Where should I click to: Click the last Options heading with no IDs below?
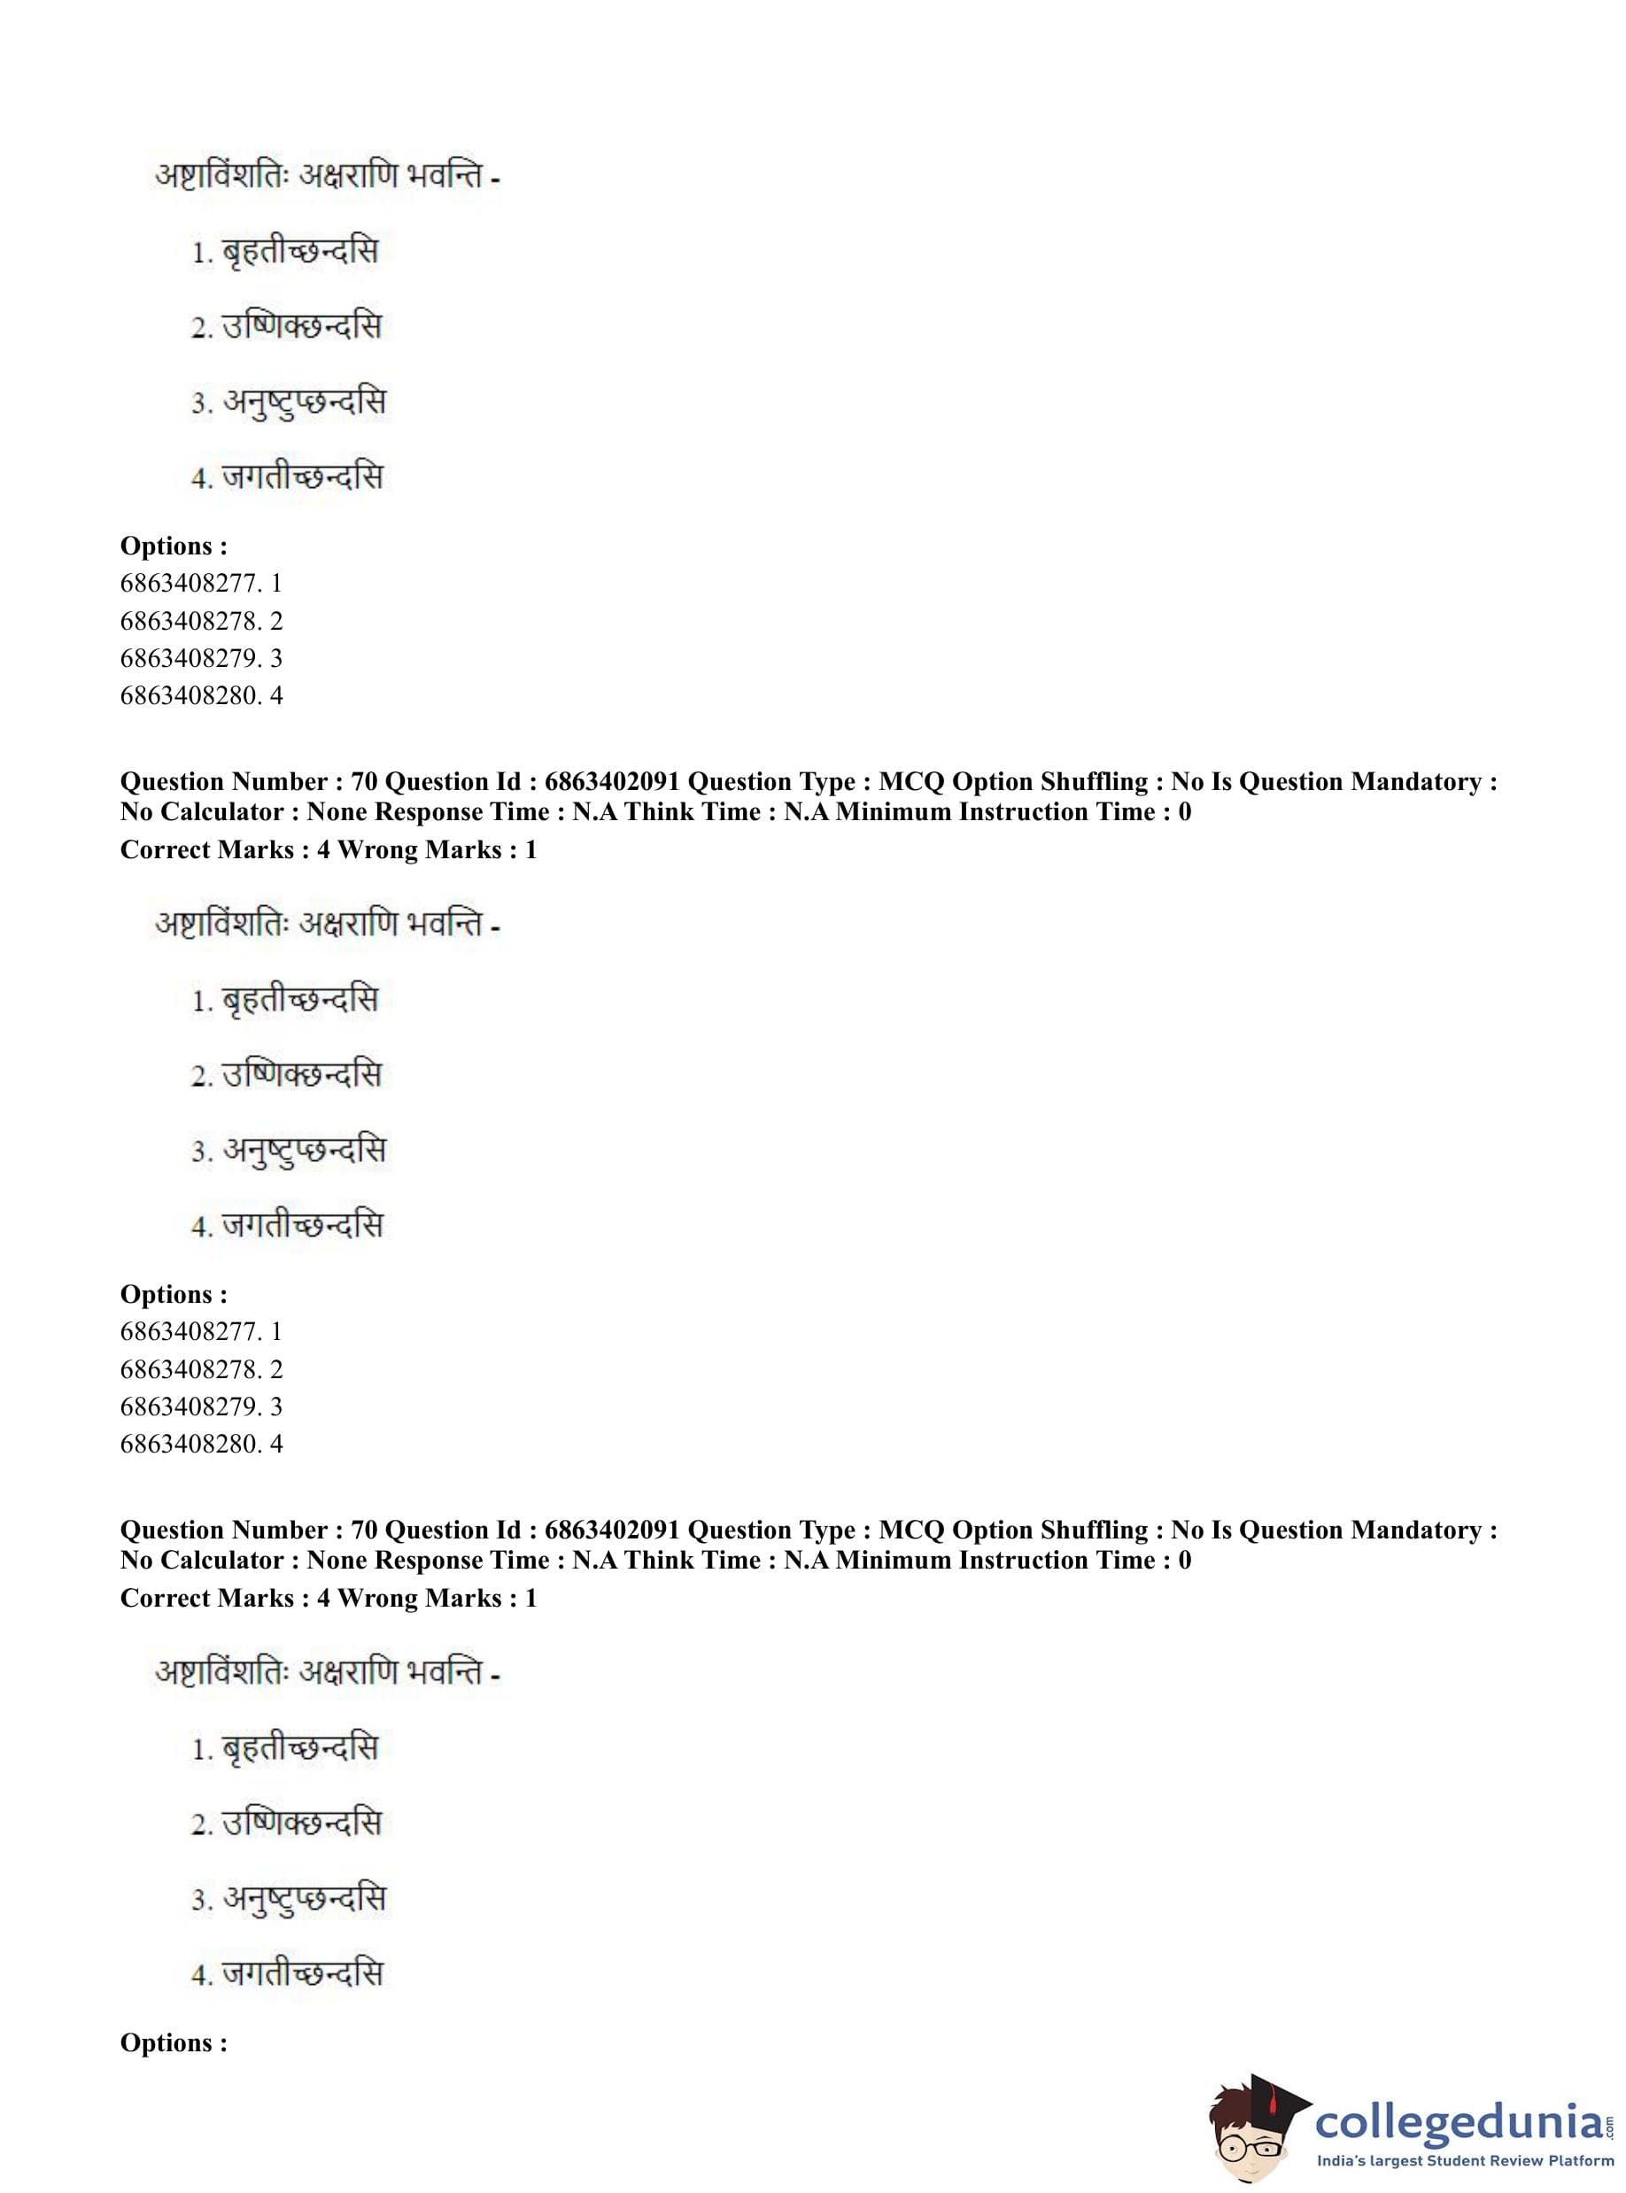coord(174,2042)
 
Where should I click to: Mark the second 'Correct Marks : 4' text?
coord(224,1598)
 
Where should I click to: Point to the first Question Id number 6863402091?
coord(611,781)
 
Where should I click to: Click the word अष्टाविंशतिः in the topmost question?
coord(221,177)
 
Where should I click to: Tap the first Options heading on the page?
coord(174,546)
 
